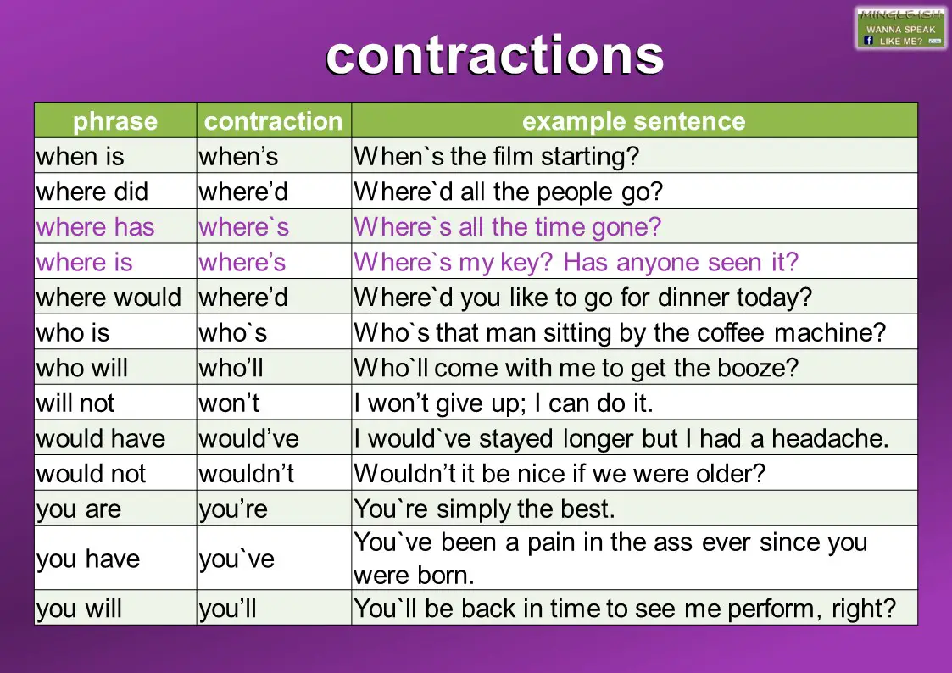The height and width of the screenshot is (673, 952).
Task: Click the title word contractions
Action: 494,56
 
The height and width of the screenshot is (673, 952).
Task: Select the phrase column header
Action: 115,121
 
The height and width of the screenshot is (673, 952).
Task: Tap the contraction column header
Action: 273,121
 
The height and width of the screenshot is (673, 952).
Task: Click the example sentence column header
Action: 633,121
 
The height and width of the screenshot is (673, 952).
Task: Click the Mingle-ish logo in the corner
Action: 900,28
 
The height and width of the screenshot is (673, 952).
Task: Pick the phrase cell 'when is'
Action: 80,156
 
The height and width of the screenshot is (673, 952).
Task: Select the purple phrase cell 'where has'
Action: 95,227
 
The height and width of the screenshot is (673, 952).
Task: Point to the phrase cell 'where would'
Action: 109,298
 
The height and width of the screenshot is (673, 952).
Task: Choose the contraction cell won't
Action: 229,403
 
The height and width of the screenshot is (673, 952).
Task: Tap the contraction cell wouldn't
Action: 246,473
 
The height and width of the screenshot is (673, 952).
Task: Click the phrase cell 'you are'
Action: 79,509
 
